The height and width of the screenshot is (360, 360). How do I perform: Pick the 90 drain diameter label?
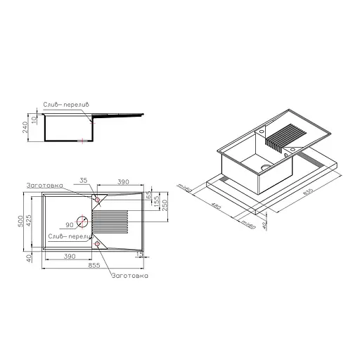coord(70,224)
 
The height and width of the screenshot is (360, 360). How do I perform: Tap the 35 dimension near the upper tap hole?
coord(84,181)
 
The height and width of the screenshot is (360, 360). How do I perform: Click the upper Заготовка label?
coord(44,185)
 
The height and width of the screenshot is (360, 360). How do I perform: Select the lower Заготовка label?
coord(129,276)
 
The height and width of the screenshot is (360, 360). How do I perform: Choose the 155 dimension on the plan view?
coord(157,204)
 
